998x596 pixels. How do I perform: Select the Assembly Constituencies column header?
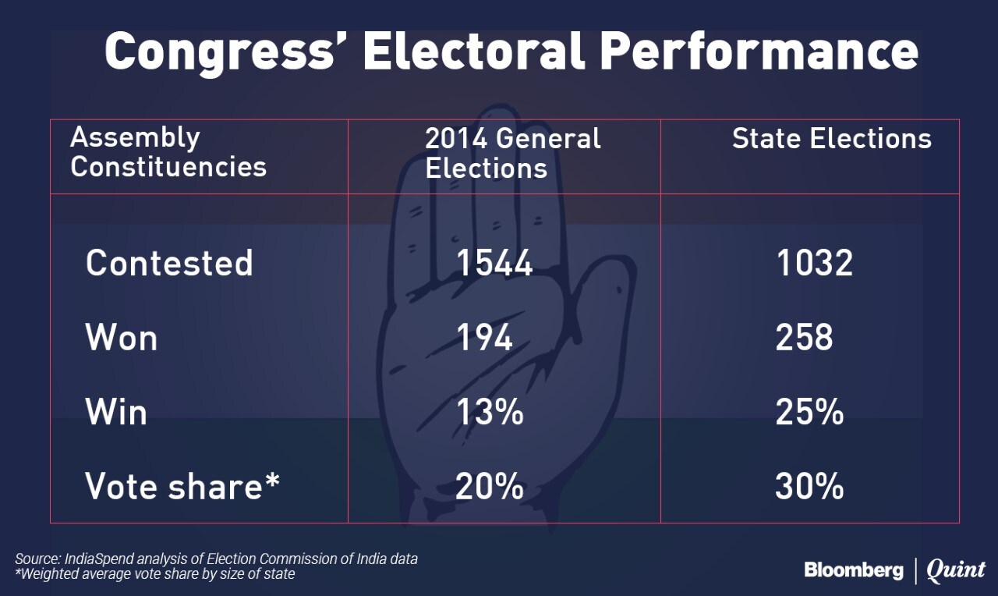[x=168, y=152]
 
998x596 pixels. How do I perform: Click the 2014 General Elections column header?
[x=512, y=154]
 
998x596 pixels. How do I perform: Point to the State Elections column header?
[x=831, y=139]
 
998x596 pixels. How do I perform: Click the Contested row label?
[x=169, y=263]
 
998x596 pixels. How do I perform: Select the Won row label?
[x=121, y=338]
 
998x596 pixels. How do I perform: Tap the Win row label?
[x=116, y=412]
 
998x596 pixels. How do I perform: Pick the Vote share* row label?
[x=182, y=486]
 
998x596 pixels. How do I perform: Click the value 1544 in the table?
[x=494, y=264]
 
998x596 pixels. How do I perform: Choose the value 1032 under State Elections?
[x=814, y=264]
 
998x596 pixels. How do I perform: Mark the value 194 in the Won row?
[x=484, y=338]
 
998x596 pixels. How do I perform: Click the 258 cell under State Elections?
[x=804, y=338]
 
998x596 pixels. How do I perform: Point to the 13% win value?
[x=490, y=412]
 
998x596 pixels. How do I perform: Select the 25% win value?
[x=809, y=412]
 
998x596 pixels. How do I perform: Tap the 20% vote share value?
[x=490, y=486]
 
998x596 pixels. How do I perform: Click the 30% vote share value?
[x=809, y=486]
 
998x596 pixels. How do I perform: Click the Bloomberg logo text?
[x=854, y=570]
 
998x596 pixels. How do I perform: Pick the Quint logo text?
[x=956, y=571]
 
